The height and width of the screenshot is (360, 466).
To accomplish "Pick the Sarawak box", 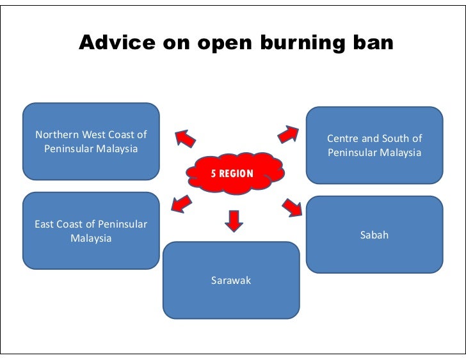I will [x=231, y=280].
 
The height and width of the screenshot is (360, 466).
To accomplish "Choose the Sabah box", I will [x=374, y=235].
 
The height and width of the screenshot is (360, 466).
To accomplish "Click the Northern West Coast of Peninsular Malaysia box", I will [x=91, y=141].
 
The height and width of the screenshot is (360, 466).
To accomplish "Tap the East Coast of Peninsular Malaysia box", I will [x=91, y=231].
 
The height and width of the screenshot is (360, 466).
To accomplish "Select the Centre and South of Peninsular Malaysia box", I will [x=374, y=145].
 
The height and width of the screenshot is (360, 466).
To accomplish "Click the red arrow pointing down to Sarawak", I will [x=234, y=220].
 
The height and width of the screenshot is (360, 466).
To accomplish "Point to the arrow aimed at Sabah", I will [x=292, y=207].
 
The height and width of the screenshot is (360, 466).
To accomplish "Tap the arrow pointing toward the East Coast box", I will [x=180, y=204].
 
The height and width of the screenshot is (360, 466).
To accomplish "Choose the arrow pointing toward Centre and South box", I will [x=288, y=134].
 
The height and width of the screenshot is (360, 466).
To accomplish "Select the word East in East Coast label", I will [x=44, y=224].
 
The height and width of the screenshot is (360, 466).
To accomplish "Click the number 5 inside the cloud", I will [x=215, y=174].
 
